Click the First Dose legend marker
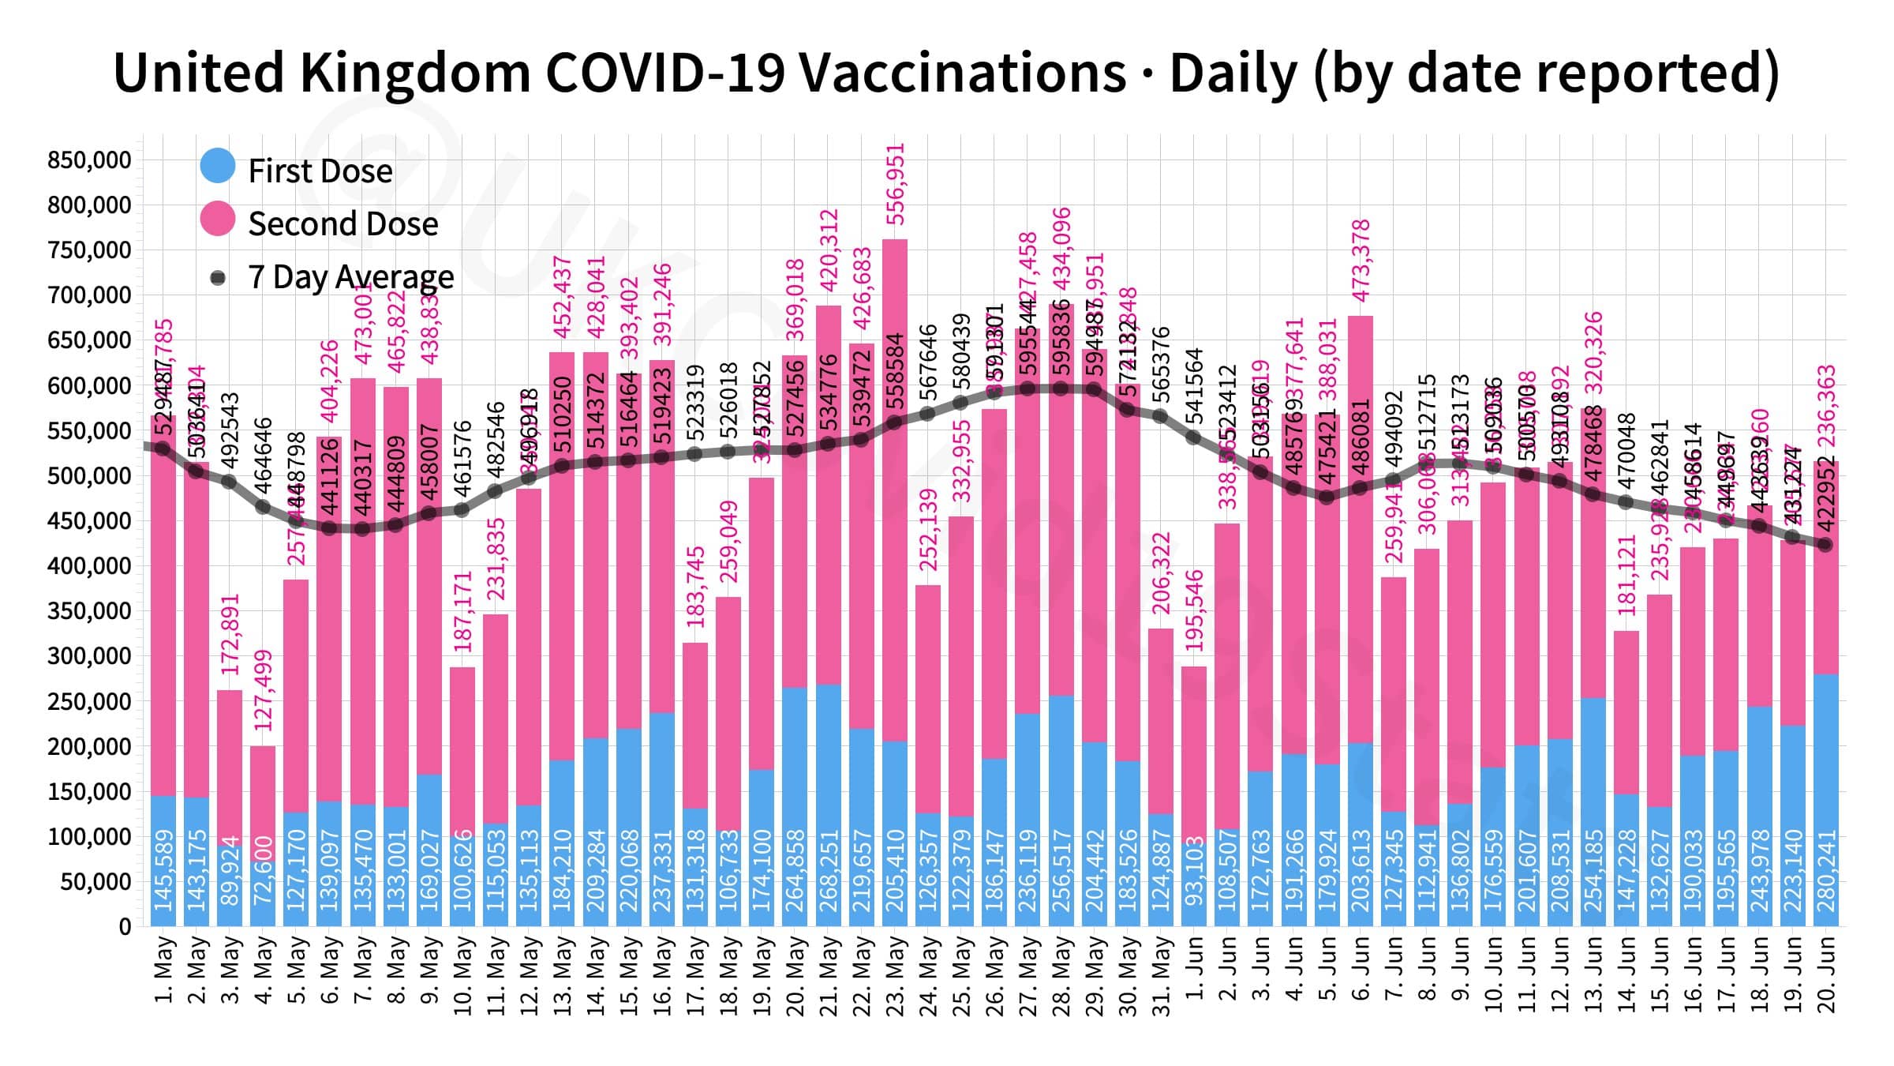(218, 166)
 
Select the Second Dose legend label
(342, 223)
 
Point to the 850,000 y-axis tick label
(88, 160)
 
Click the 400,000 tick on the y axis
(88, 566)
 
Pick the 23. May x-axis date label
(895, 974)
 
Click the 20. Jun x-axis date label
(1826, 974)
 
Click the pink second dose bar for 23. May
(895, 490)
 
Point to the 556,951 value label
(895, 184)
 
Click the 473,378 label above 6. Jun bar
(1361, 261)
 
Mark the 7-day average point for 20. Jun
(1825, 545)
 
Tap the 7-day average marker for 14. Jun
(1626, 502)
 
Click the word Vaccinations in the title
(962, 73)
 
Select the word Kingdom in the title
(414, 73)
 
